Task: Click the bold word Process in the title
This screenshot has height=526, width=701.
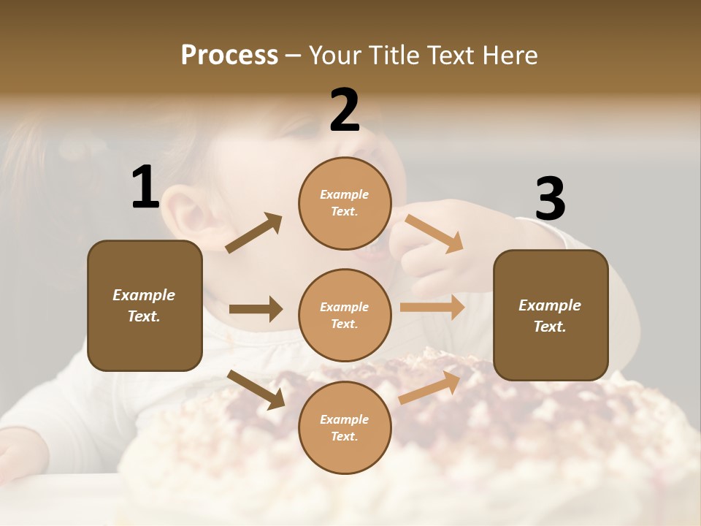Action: point(229,56)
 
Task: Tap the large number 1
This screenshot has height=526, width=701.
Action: point(145,188)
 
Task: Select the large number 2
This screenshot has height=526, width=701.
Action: point(345,110)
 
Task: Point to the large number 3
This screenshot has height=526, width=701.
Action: point(551,199)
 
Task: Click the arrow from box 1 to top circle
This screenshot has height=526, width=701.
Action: point(253,233)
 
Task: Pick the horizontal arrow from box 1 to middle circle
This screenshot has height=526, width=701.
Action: point(256,309)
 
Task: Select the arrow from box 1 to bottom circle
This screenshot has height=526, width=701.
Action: point(256,389)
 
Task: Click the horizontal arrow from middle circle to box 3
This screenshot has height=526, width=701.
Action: point(432,308)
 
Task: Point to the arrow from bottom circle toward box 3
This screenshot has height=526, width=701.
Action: point(429,386)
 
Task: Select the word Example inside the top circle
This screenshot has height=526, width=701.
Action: point(345,195)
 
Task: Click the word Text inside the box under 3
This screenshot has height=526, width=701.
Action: point(550,327)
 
